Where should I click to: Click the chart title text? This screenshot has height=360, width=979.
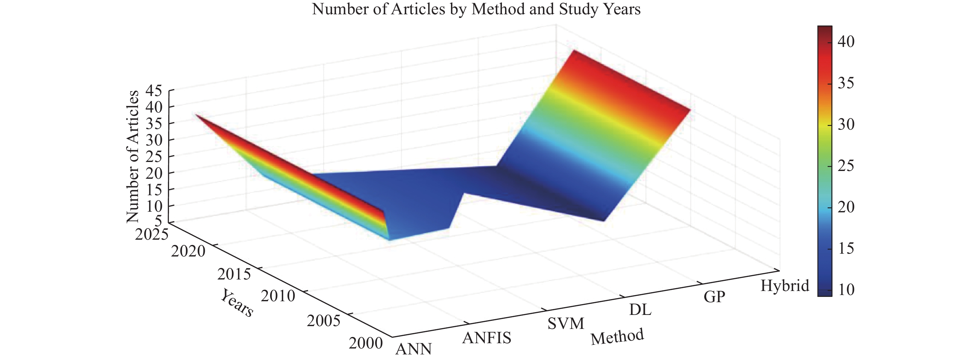click(476, 9)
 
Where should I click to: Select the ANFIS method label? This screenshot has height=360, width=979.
click(486, 338)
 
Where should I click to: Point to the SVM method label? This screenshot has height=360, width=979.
click(566, 324)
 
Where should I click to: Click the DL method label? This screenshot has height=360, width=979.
click(640, 310)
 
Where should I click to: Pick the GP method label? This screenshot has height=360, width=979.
click(714, 297)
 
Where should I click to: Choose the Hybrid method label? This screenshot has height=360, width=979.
click(784, 286)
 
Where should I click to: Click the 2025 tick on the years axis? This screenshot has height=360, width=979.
click(151, 234)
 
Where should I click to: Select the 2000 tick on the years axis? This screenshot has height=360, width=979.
click(365, 343)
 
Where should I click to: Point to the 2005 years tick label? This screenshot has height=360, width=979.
click(324, 321)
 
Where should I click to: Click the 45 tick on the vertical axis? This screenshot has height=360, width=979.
click(154, 90)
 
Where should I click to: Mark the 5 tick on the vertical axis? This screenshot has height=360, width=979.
click(158, 220)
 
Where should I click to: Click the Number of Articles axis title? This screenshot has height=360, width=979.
click(133, 157)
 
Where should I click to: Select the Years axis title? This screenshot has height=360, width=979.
click(237, 303)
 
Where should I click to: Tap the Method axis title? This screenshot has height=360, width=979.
click(617, 336)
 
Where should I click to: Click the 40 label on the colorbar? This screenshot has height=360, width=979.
click(846, 41)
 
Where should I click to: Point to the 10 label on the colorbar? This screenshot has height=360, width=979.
click(846, 290)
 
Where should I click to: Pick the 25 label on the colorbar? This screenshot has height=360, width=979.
click(846, 166)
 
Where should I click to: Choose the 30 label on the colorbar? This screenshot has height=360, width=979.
click(846, 124)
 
